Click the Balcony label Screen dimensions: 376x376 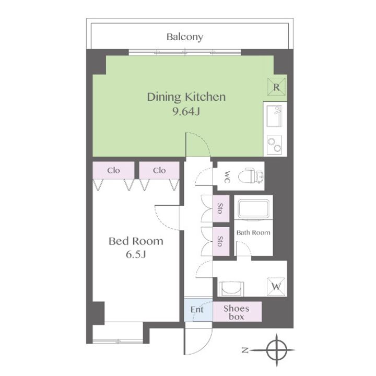(x=185, y=37)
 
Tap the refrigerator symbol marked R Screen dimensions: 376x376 (x=276, y=87)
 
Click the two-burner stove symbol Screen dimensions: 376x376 (x=274, y=145)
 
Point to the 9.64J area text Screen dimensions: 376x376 (x=186, y=111)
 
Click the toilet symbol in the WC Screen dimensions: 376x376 (x=251, y=177)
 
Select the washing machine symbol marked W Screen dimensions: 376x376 (x=276, y=286)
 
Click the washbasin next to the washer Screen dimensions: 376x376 (x=231, y=289)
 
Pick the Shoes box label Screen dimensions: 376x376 (x=237, y=312)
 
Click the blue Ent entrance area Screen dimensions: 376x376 (x=198, y=310)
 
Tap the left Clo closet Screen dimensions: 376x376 (x=113, y=170)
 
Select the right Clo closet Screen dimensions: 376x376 (x=159, y=170)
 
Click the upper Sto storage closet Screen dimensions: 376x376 (x=221, y=208)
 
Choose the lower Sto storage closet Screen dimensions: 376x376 (x=221, y=241)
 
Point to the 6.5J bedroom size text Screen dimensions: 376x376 (x=136, y=254)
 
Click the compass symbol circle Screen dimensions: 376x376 (x=276, y=350)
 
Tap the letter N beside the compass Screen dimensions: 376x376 (x=244, y=350)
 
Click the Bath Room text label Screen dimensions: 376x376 (x=253, y=232)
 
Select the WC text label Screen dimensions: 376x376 (x=227, y=177)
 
